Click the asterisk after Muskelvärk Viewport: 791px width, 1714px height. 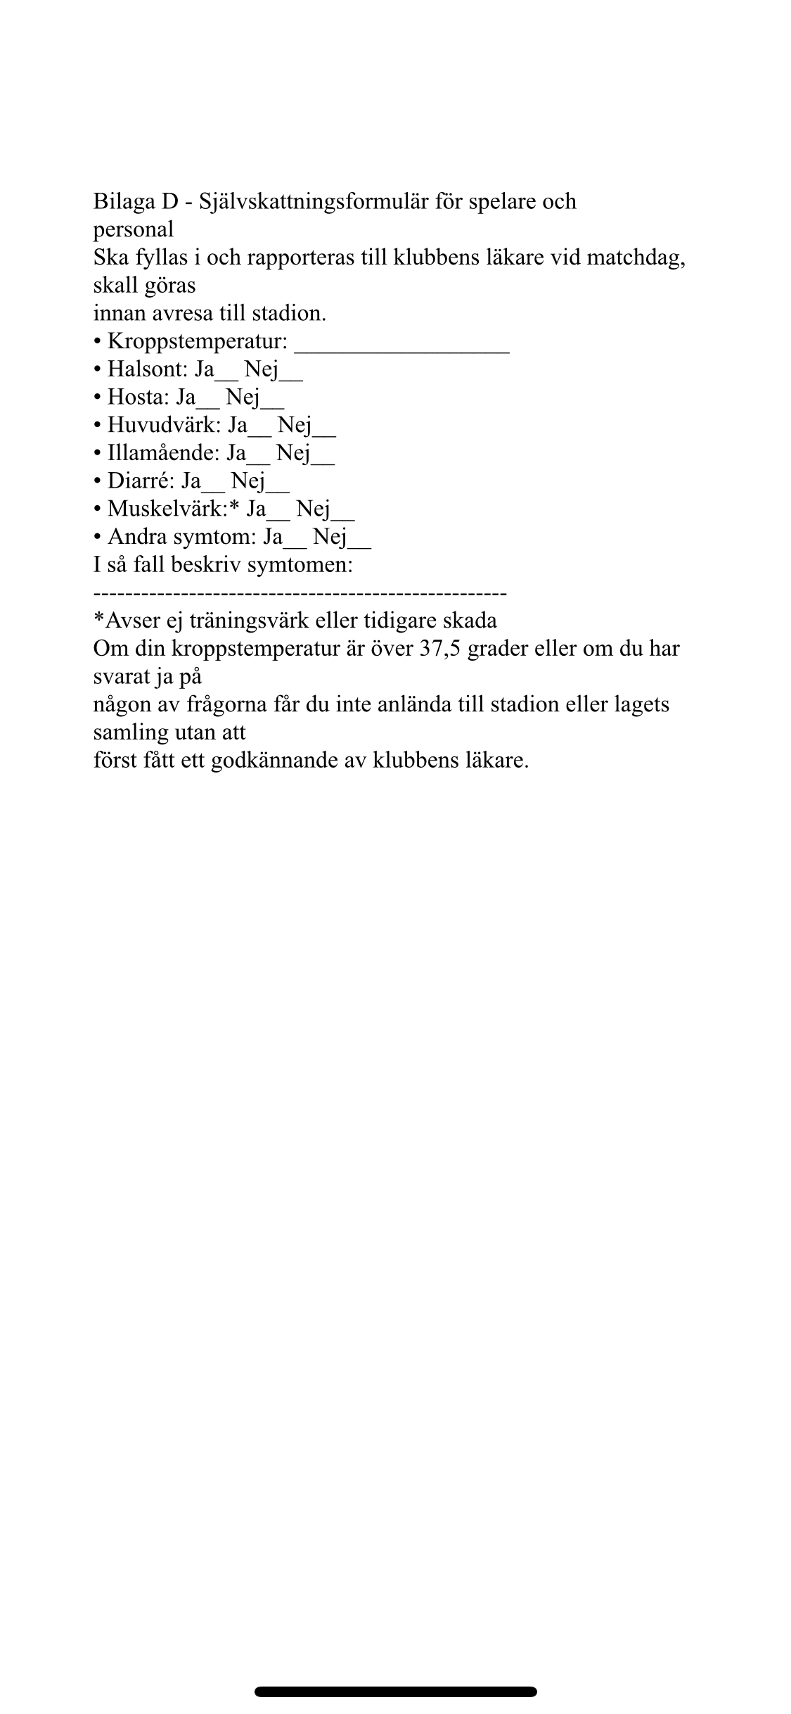point(235,507)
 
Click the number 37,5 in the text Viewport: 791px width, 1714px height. point(439,648)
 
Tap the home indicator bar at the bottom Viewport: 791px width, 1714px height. point(395,1691)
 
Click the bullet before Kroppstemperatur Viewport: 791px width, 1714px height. point(98,343)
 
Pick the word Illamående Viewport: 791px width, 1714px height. point(163,454)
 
